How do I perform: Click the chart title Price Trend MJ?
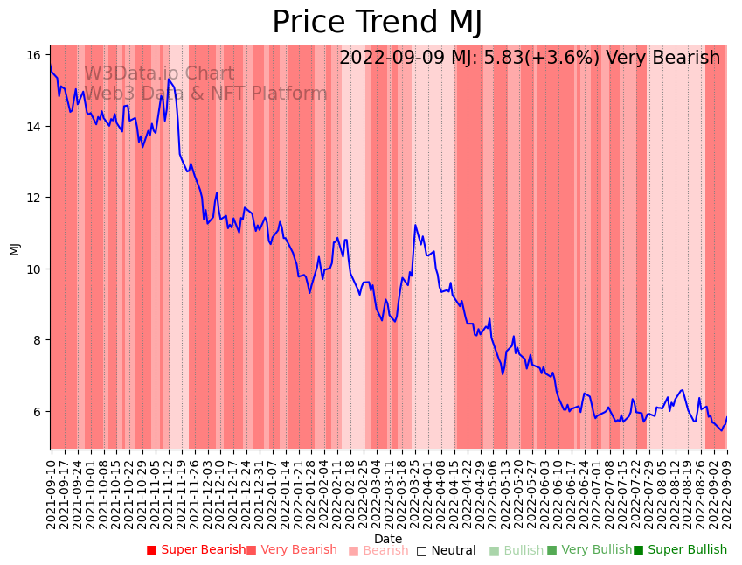[x=377, y=23]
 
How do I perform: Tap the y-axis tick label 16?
[x=33, y=55]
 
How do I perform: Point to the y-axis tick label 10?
[x=33, y=269]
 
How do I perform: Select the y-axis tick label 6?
[x=33, y=411]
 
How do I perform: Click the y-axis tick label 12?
[x=33, y=198]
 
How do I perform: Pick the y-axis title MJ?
[x=14, y=248]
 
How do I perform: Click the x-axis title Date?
[x=388, y=539]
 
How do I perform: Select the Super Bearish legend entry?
[x=196, y=550]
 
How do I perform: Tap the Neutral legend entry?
[x=446, y=550]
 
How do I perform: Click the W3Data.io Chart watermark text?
[x=159, y=74]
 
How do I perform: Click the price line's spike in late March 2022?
[x=415, y=226]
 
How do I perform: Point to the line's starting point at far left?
[x=51, y=66]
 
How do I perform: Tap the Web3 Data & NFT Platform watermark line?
[x=205, y=94]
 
